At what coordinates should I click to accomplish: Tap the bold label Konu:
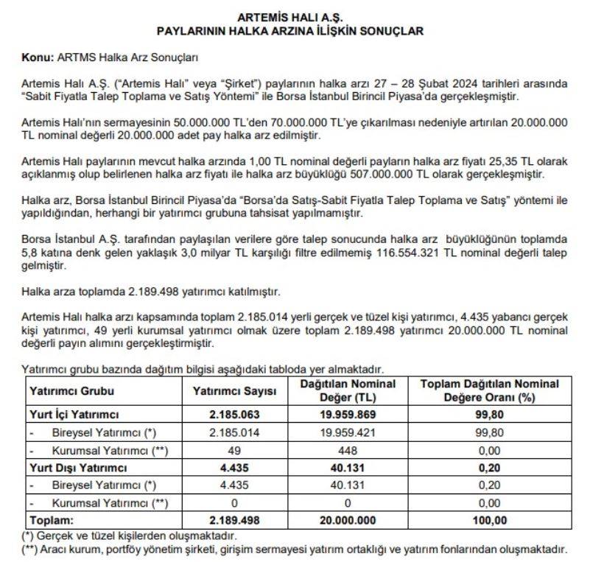(x=38, y=57)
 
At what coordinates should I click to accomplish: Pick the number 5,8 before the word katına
(x=30, y=253)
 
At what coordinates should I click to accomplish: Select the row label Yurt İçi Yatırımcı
(x=74, y=415)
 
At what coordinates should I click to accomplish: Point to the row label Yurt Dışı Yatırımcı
(x=77, y=468)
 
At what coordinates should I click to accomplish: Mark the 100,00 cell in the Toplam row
(x=489, y=520)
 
